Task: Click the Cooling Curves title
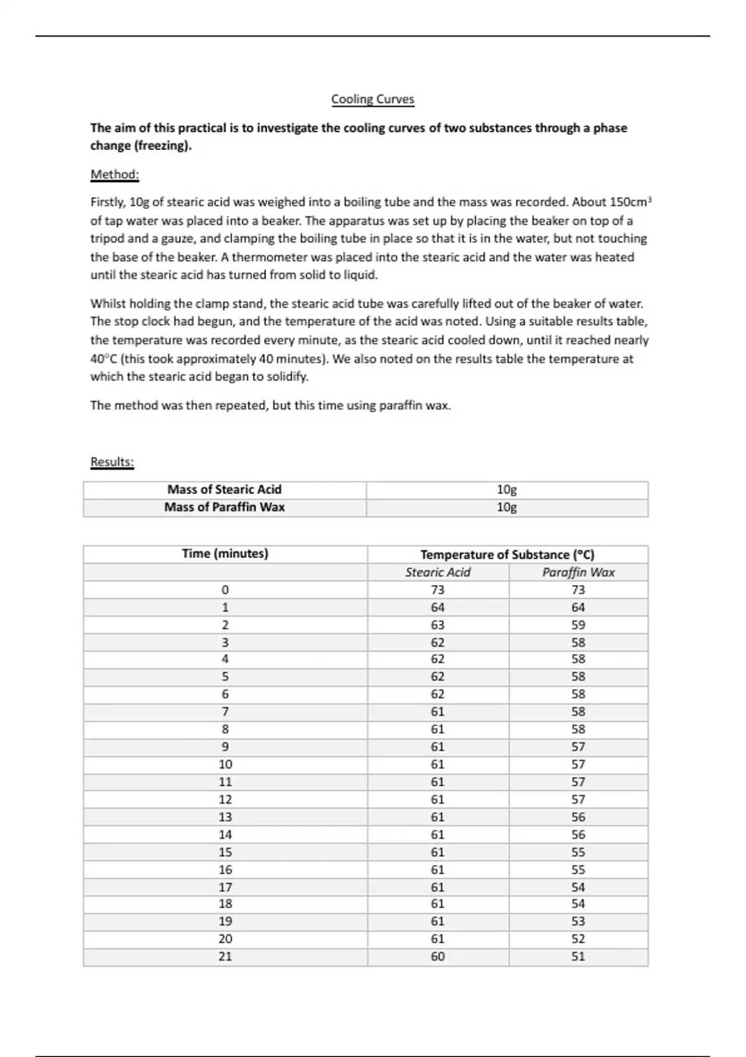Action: (372, 99)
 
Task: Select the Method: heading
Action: (114, 175)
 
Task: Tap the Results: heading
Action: (112, 462)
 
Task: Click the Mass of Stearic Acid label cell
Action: (224, 490)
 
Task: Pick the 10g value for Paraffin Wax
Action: (507, 507)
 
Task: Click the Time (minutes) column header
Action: (225, 554)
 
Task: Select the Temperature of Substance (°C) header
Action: (507, 555)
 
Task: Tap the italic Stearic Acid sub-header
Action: (438, 573)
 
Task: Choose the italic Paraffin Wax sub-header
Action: (578, 573)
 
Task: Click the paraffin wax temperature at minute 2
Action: (578, 625)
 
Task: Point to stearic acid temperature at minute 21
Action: (438, 957)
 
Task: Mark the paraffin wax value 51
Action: (578, 957)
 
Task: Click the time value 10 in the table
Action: (225, 765)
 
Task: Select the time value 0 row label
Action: (225, 589)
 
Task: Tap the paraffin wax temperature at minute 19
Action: (578, 921)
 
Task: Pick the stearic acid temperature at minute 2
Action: (438, 625)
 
